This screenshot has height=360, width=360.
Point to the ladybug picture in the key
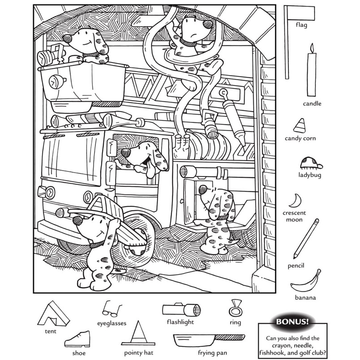308,162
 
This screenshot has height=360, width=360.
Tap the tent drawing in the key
52,313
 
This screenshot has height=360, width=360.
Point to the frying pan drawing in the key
207,338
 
